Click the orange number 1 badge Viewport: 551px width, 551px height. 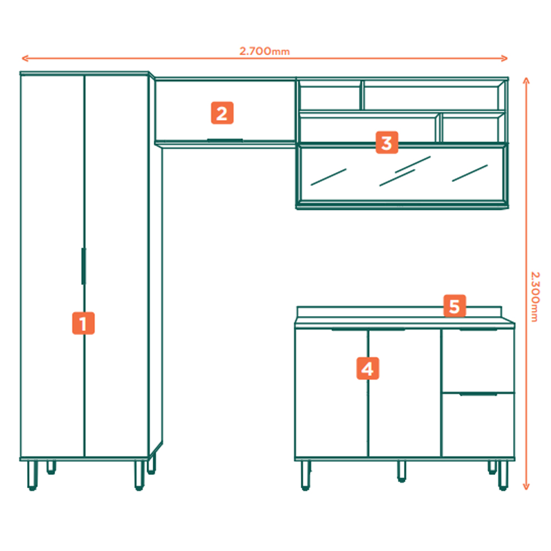[x=83, y=323]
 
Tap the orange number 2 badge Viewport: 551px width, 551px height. [x=222, y=113]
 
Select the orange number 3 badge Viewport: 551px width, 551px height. [x=387, y=142]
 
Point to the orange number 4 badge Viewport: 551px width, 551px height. [x=368, y=368]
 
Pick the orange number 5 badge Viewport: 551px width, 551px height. [x=455, y=306]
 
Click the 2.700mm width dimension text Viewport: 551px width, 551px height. [x=264, y=51]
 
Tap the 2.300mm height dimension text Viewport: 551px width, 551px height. [x=534, y=296]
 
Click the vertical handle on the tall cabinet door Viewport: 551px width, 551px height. [x=84, y=266]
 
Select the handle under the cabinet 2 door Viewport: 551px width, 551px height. [x=225, y=140]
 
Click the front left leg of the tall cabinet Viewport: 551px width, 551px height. [x=33, y=475]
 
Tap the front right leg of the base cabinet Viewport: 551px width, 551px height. [x=503, y=475]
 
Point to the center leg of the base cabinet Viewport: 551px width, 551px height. [x=402, y=471]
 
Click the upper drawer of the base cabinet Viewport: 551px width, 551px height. [x=478, y=360]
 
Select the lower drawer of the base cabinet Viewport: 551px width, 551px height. [x=478, y=425]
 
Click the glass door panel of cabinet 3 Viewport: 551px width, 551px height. [x=402, y=174]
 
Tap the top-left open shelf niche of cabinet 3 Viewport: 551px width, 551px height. [x=329, y=98]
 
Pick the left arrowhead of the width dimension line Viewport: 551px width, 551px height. [x=25, y=58]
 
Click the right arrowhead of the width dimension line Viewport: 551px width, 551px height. [x=504, y=58]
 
